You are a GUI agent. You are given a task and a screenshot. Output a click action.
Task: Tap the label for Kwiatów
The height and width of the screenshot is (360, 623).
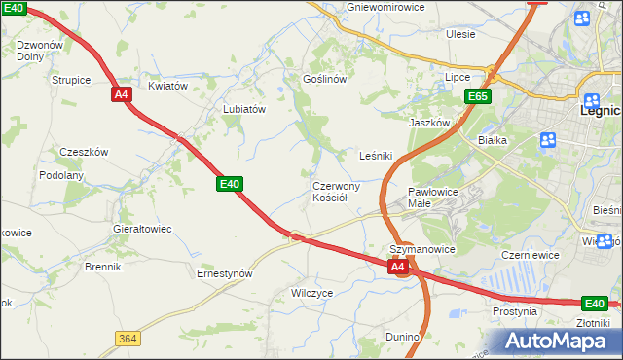click(167, 86)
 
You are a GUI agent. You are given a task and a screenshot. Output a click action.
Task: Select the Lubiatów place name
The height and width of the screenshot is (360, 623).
click(244, 110)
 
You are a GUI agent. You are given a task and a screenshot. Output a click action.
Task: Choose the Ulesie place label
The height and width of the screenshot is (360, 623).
click(460, 34)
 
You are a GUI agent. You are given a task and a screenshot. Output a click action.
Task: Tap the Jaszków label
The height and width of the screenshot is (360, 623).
click(429, 124)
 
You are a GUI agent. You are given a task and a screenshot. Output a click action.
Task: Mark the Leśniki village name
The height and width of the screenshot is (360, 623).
click(376, 156)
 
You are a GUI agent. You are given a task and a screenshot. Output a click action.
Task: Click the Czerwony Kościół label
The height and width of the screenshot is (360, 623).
click(336, 192)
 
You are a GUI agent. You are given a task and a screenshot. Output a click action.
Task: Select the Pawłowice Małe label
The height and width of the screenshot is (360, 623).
click(433, 198)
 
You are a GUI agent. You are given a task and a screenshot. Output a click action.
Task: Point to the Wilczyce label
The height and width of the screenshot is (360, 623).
click(312, 292)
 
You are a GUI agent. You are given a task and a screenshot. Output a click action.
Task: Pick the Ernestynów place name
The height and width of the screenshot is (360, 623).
click(225, 273)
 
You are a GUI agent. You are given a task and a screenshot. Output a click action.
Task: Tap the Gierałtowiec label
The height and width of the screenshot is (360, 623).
click(142, 229)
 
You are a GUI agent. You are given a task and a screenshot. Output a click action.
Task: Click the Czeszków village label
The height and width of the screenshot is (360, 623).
click(84, 152)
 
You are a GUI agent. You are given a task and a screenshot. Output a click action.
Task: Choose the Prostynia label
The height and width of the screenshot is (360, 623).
click(515, 312)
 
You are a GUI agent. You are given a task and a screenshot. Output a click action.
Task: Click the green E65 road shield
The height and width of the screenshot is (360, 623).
click(477, 96)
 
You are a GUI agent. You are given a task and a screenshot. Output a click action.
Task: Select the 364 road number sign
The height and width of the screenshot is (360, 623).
click(126, 338)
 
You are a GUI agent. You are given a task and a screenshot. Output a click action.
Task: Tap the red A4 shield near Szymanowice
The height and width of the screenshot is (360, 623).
click(397, 266)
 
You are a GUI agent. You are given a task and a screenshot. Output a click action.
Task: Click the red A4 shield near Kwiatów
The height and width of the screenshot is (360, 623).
click(121, 94)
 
